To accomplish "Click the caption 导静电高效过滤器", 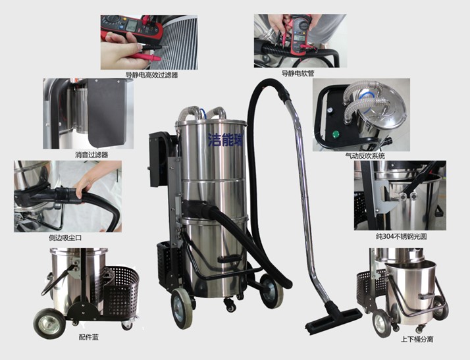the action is (151, 74).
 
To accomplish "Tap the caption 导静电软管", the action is (298, 73).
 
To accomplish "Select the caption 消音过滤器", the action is (91, 155).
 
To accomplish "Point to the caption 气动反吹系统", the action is (365, 155).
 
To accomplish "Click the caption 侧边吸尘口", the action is (65, 238).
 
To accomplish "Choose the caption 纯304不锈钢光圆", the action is (401, 236).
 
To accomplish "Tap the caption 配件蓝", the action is (89, 337).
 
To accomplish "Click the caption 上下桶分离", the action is (417, 340).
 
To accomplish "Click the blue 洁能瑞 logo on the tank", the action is (226, 139).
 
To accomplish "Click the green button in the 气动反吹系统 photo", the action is (336, 134).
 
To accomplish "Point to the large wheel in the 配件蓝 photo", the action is (49, 323).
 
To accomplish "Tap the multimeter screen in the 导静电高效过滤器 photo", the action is (131, 26).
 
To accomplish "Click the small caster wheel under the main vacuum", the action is (230, 305).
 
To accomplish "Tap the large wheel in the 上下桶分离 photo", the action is (382, 323).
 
